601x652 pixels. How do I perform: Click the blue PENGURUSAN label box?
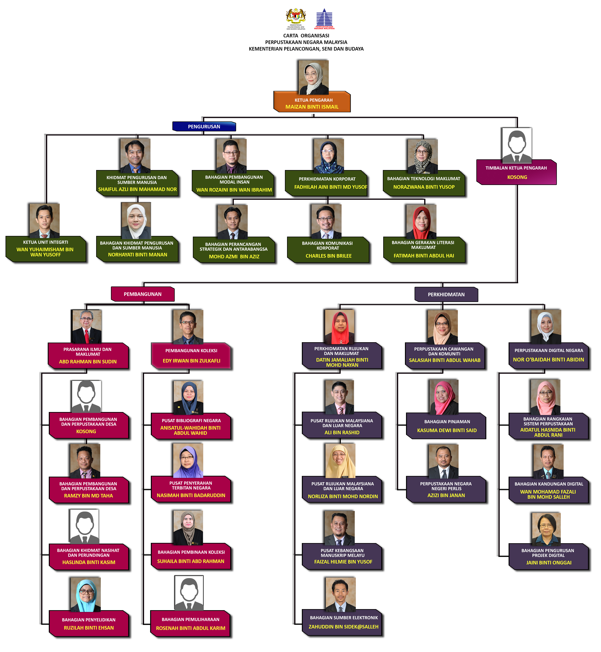[x=204, y=126]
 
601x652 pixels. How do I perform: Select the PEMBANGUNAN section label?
[x=143, y=294]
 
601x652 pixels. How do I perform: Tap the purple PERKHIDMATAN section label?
[x=446, y=294]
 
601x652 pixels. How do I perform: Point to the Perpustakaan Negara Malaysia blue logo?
[x=324, y=19]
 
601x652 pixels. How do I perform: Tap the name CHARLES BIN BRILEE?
[x=329, y=256]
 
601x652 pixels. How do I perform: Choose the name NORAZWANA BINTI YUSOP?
[x=424, y=187]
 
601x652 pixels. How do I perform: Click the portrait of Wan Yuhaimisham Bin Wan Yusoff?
[x=45, y=221]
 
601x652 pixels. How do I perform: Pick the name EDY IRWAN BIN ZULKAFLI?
[x=192, y=361]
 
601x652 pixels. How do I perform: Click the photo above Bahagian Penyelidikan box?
[x=85, y=594]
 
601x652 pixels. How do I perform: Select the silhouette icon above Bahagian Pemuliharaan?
[x=189, y=593]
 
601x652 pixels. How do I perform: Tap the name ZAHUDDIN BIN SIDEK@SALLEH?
[x=344, y=627]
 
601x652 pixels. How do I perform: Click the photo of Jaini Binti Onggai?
[x=546, y=529]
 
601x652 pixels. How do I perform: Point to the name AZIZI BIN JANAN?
[x=446, y=495]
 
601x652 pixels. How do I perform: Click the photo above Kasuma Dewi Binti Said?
[x=444, y=397]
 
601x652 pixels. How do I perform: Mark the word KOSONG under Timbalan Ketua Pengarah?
[x=517, y=177]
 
